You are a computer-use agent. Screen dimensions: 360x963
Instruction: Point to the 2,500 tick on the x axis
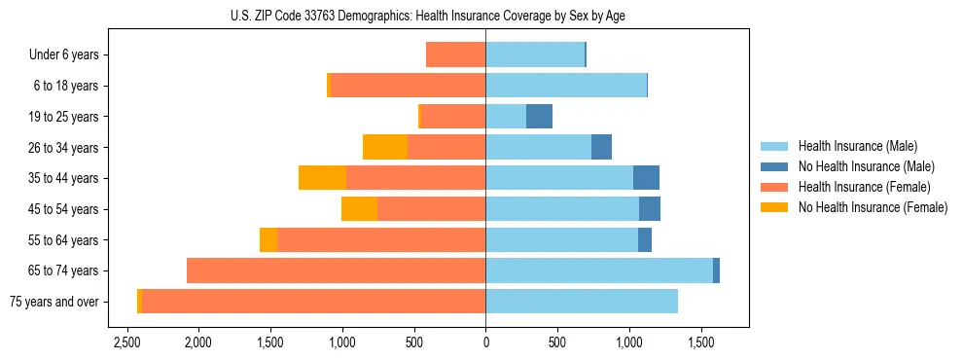coord(126,343)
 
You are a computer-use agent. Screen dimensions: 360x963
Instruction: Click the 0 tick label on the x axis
coord(485,343)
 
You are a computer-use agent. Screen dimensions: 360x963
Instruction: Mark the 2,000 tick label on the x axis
coord(198,343)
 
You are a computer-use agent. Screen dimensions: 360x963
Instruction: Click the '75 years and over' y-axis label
coord(53,302)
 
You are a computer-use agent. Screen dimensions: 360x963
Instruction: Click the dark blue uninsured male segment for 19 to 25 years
coord(539,117)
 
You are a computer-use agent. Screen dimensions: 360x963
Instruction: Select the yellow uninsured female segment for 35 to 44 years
coord(322,178)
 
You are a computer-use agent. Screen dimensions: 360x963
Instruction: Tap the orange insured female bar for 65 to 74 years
coord(336,270)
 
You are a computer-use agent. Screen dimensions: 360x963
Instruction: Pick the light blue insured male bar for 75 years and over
coord(582,302)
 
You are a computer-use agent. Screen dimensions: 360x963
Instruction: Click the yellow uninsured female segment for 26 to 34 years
coord(385,147)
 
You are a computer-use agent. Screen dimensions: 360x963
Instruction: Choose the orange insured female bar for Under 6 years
coord(455,55)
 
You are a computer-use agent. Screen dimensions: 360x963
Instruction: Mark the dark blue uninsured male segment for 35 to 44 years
coord(646,178)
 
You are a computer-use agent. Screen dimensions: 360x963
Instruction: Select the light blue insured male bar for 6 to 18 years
coord(566,86)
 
